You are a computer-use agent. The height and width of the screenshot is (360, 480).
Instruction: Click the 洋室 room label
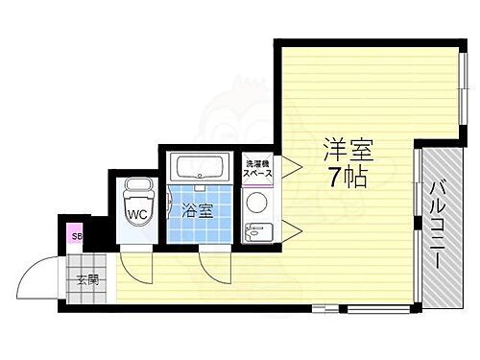[x=347, y=152]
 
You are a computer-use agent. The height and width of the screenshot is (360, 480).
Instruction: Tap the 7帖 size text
[x=347, y=178]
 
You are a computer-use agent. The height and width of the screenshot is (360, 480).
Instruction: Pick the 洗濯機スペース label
[x=257, y=170]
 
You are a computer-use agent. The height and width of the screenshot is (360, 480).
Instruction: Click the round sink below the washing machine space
[x=256, y=203]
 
